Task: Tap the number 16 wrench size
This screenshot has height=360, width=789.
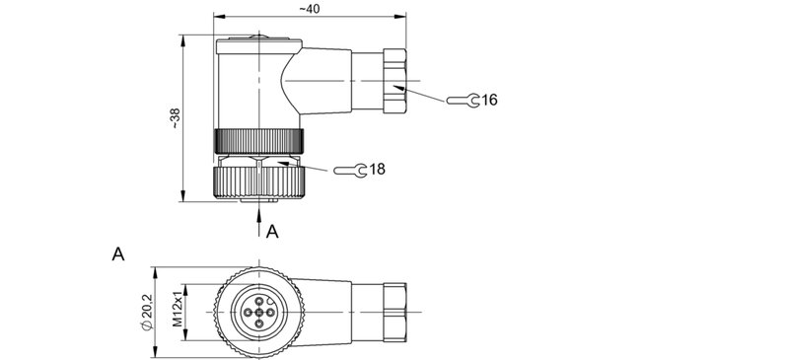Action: (x=491, y=100)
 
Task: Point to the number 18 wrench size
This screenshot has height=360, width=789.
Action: (x=377, y=170)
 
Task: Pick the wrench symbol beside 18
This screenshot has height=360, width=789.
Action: (x=350, y=171)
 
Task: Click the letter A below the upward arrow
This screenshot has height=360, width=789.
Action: (x=273, y=232)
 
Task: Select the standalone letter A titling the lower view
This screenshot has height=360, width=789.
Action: (x=118, y=254)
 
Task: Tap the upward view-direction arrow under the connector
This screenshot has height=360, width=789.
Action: (x=259, y=214)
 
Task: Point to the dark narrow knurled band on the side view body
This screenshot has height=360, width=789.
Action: (x=258, y=140)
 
